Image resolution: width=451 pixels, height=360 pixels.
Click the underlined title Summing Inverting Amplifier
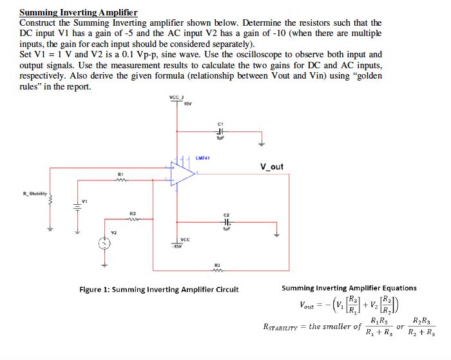[78, 12]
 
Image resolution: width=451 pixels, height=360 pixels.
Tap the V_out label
[271, 167]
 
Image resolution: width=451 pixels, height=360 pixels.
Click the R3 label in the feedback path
[217, 264]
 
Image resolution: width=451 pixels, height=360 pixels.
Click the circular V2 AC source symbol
[102, 243]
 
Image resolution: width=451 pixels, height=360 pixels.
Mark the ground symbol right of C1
[261, 143]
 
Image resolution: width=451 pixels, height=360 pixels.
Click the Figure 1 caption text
[158, 289]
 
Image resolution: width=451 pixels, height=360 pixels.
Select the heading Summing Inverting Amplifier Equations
[349, 288]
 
